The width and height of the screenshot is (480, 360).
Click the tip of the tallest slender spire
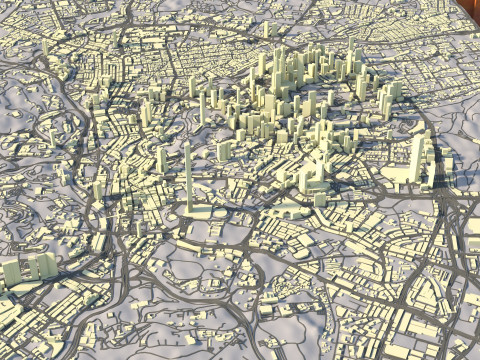coord(186,143)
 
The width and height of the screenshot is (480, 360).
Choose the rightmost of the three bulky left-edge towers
coord(45,265)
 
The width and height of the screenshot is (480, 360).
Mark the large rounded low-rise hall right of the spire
coord(290,209)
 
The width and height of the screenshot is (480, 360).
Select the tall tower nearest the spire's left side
coord(161,160)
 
